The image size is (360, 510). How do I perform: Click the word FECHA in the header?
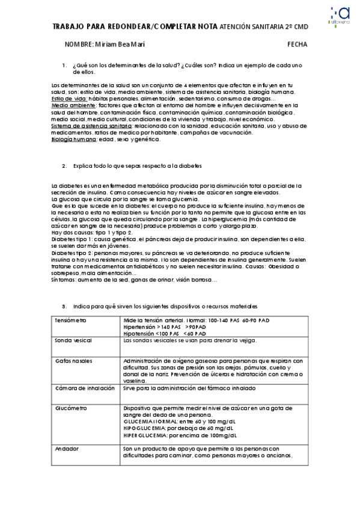click(x=297, y=45)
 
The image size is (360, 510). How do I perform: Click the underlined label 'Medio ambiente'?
click(x=73, y=105)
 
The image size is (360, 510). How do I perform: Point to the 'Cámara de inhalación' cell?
click(x=81, y=389)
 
